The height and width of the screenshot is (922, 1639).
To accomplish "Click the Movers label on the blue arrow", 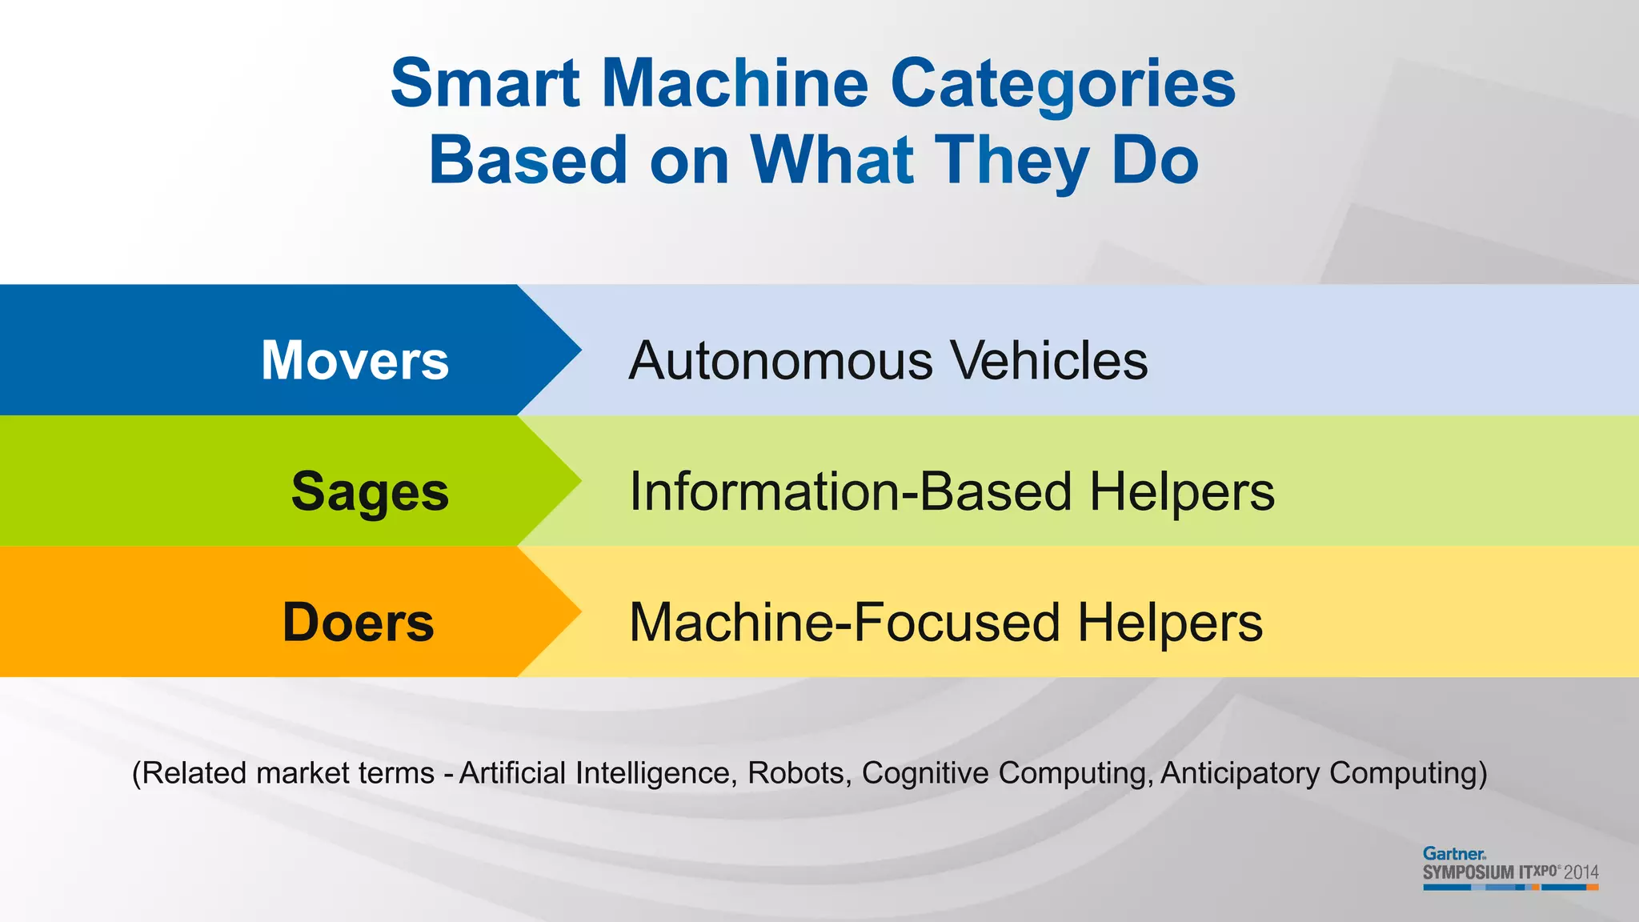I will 355,360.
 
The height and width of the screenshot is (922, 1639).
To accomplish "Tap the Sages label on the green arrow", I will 370,491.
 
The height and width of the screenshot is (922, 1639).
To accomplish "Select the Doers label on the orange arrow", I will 358,623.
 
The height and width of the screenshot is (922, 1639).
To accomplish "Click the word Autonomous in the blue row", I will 780,360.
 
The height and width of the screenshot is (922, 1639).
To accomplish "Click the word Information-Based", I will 850,491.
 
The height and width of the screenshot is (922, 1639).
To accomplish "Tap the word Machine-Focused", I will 844,623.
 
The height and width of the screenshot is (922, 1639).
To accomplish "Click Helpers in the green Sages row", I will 1181,491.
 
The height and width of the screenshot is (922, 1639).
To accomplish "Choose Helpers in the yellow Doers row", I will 1169,623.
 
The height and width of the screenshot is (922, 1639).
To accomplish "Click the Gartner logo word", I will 1453,854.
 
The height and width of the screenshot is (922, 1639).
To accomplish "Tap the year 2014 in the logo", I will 1581,872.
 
